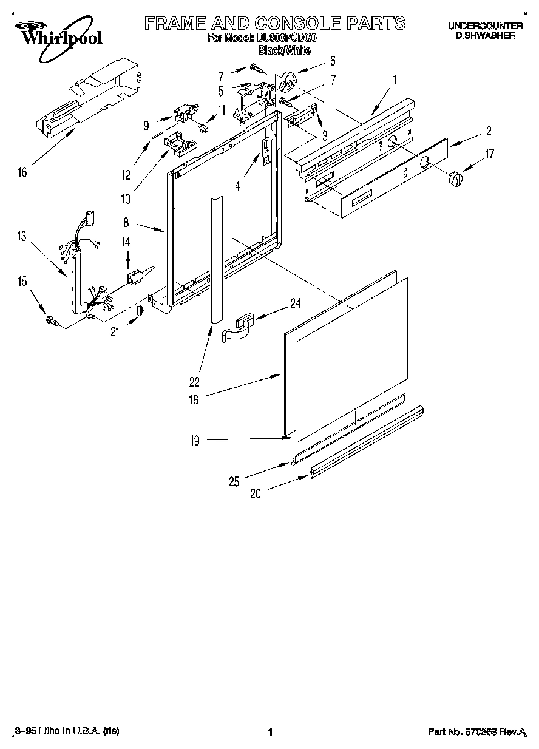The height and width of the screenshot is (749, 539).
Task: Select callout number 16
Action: (22, 173)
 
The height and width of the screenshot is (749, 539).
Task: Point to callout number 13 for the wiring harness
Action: (22, 237)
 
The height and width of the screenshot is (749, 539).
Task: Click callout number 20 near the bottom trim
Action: (256, 493)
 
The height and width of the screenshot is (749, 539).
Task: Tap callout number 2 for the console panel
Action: (489, 130)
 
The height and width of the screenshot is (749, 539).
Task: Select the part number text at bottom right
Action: (476, 733)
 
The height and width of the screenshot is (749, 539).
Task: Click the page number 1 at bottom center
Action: (269, 733)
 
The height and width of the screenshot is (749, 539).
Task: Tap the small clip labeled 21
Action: (139, 311)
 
